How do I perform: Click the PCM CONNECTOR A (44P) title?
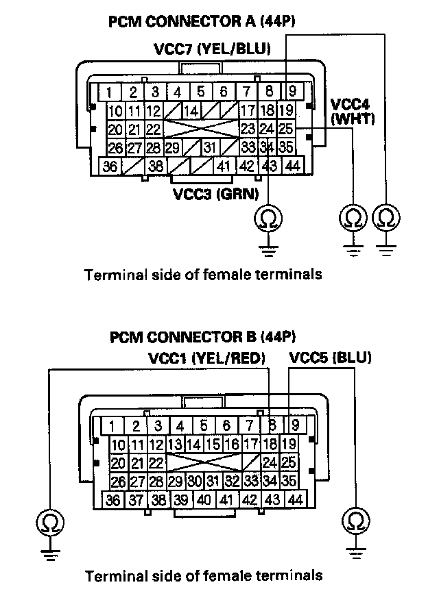coord(202,22)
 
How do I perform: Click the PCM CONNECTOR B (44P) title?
coord(202,337)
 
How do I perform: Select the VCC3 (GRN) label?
coord(215,194)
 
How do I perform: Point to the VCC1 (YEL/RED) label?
coord(206,358)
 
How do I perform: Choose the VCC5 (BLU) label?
coord(331,358)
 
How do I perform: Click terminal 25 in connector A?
coord(287,128)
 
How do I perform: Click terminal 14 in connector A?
coord(193,110)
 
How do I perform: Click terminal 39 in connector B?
coord(181,501)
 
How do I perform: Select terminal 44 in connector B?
coord(296,501)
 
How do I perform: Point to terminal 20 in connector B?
coord(118,462)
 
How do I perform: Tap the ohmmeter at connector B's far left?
coord(49,524)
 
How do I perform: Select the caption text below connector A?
coord(202,275)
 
